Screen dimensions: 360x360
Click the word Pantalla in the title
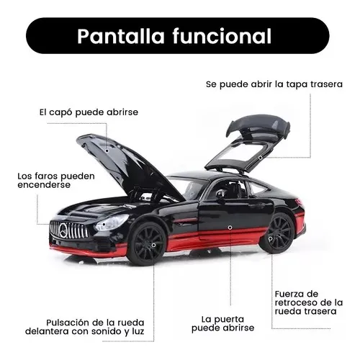pos(121,37)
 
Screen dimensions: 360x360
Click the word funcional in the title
pos(222,36)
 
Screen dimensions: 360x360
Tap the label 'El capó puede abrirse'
pos(89,112)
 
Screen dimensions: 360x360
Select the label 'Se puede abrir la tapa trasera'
pos(274,84)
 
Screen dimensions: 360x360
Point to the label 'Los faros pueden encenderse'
pos(56,181)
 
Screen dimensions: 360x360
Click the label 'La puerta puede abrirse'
pos(222,324)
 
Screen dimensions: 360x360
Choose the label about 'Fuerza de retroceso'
pos(309,302)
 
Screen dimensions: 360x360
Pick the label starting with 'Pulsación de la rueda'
pos(85,327)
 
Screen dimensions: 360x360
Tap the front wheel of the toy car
pos(147,245)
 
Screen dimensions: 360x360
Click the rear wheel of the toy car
pos(279,233)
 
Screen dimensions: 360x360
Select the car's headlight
pos(111,222)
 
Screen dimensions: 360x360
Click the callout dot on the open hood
pos(107,151)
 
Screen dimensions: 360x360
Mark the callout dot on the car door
pos(230,228)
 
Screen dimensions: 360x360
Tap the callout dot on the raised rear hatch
pos(260,158)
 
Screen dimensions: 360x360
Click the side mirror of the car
pos(220,194)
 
